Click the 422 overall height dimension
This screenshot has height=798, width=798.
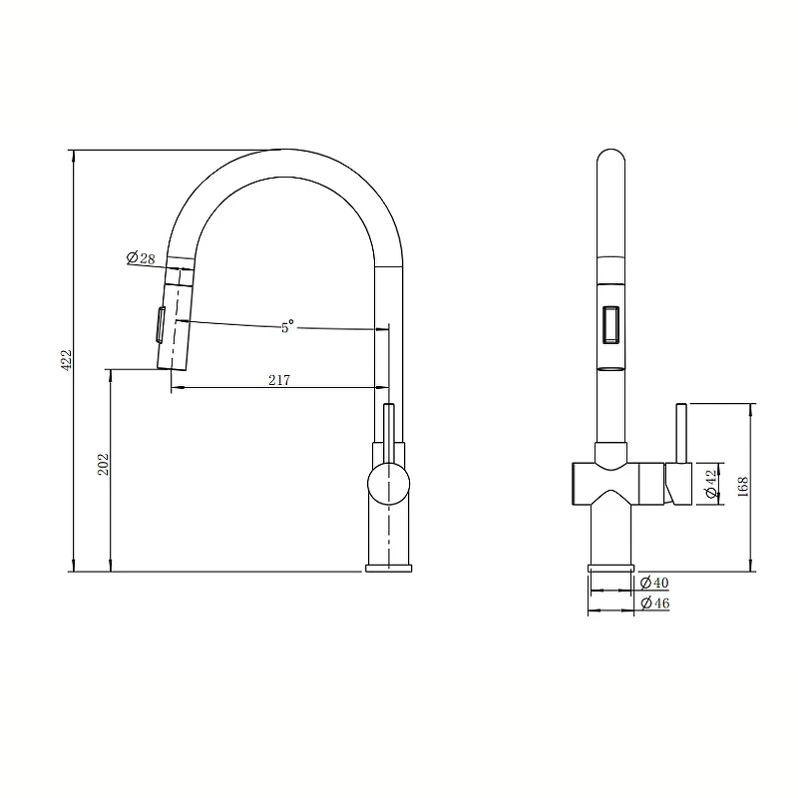coord(67,360)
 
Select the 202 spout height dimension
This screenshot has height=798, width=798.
coord(104,465)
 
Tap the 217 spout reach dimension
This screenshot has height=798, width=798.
coord(279,380)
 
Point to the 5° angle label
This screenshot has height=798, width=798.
coord(287,326)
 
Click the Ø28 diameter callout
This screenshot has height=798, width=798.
coord(141,258)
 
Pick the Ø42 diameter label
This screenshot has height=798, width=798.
coord(710,484)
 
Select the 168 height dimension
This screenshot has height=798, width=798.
coord(742,487)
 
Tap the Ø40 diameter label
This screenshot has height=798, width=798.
coord(654,582)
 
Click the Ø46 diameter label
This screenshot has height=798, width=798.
coord(655,603)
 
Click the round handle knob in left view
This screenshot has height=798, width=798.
coord(388,484)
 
